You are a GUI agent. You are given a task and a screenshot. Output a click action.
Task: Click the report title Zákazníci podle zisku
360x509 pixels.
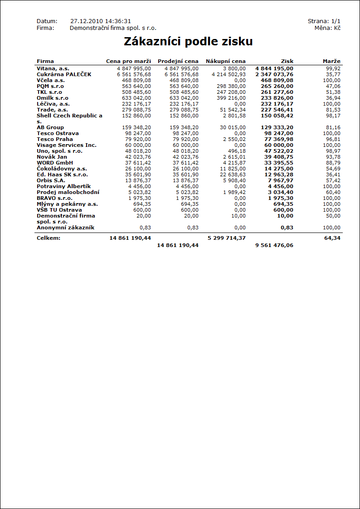pos(188,42)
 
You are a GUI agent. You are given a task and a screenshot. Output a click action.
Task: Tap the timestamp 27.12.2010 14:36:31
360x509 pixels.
pos(101,21)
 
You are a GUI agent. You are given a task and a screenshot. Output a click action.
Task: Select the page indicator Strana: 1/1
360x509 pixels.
pos(324,21)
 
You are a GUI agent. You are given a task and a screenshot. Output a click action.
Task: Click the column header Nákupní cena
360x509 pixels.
pos(225,61)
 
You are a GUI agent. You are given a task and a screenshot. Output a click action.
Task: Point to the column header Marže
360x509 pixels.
pos(331,61)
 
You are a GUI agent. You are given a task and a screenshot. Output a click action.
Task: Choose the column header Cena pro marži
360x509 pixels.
pos(128,61)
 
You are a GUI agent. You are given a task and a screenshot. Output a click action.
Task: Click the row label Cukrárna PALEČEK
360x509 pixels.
pos(64,74)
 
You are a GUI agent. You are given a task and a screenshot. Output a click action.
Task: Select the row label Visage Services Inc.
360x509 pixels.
pos(67,145)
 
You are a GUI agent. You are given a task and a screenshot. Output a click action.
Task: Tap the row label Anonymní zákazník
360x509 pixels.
pos(66,228)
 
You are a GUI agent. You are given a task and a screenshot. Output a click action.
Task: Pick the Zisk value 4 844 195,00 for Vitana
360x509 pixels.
pos(274,68)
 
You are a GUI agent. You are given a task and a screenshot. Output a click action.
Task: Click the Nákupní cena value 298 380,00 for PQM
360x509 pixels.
pos(231,86)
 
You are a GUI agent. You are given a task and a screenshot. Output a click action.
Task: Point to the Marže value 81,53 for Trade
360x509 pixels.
pos(333,110)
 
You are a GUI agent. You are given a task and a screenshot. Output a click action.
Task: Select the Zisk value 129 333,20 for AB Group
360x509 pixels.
pos(277,127)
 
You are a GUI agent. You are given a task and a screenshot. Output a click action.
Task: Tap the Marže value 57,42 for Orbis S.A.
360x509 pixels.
pos(333,180)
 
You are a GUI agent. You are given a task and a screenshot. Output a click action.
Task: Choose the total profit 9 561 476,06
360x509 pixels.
pos(274,245)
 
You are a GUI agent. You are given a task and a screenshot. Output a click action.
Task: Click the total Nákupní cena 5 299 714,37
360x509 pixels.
pos(226,238)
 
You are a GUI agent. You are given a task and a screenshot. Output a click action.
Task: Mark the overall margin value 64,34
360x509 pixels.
pos(332,238)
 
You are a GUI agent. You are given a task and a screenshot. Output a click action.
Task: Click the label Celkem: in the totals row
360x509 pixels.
pos(49,238)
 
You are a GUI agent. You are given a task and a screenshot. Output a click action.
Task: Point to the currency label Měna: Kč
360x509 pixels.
pos(327,28)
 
